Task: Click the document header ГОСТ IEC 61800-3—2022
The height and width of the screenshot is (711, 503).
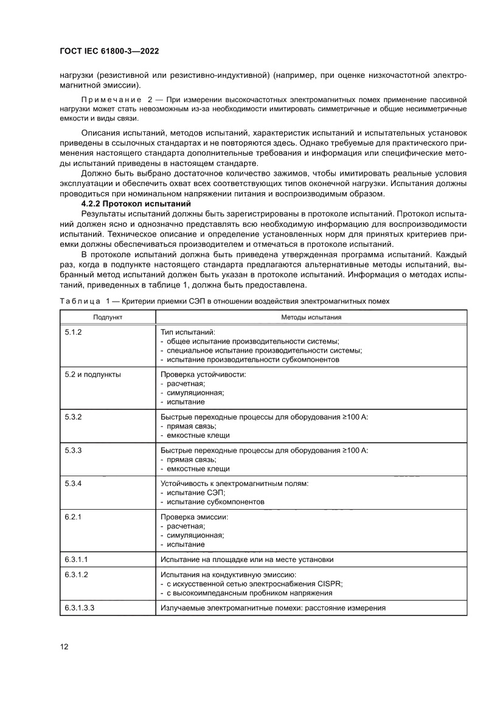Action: click(109, 52)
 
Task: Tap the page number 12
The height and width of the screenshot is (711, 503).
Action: click(64, 647)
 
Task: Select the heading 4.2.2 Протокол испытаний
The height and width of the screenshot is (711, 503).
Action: click(136, 204)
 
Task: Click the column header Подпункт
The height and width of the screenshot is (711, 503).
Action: click(108, 317)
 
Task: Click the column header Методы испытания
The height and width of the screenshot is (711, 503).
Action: click(311, 317)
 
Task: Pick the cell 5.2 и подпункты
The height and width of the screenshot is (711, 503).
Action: click(92, 375)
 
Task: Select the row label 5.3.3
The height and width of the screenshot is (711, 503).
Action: click(73, 451)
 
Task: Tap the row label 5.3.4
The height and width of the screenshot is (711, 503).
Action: click(73, 484)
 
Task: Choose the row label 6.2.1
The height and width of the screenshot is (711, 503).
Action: click(73, 518)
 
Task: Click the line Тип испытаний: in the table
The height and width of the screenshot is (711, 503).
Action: click(187, 333)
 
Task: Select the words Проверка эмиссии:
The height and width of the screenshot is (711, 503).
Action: click(194, 518)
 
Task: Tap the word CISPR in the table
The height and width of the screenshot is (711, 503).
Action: click(330, 584)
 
